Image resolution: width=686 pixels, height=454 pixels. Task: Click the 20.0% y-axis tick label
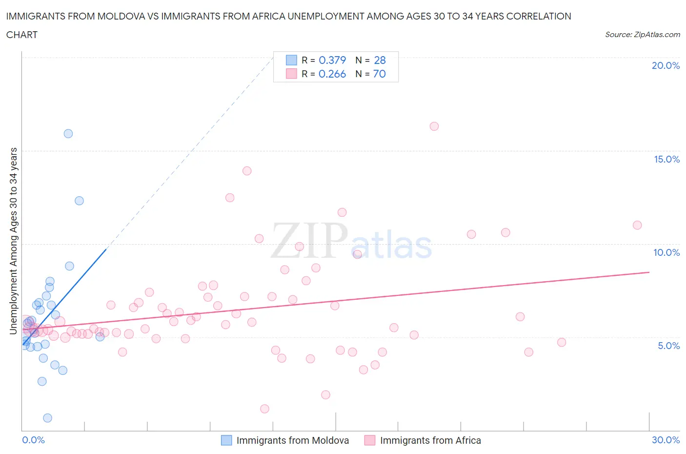[x=666, y=65]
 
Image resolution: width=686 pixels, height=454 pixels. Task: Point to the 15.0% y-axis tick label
[x=666, y=159]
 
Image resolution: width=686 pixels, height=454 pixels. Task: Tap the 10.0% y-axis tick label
[x=666, y=252]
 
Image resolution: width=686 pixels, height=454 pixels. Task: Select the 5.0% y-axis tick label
[x=668, y=346]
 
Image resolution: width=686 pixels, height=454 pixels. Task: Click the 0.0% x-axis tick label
[x=33, y=440]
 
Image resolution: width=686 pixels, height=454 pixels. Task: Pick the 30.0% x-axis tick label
[x=666, y=440]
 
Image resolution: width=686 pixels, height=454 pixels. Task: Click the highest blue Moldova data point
[x=68, y=134]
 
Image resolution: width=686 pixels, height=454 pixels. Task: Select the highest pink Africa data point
[x=434, y=126]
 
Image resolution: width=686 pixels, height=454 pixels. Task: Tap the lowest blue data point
[x=47, y=418]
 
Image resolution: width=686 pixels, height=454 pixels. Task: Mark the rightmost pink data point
[x=637, y=225]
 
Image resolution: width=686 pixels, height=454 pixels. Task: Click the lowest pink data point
[x=264, y=409]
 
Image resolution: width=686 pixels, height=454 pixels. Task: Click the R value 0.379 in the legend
[x=332, y=60]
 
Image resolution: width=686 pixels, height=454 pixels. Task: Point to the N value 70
[x=379, y=74]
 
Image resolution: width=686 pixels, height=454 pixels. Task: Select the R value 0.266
[x=332, y=74]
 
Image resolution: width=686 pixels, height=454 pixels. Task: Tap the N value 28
[x=380, y=60]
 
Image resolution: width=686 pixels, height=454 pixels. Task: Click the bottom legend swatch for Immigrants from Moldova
[x=226, y=440]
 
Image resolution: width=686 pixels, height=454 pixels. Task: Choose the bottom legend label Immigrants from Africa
[x=430, y=440]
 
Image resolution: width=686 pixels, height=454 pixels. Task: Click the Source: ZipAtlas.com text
[x=642, y=35]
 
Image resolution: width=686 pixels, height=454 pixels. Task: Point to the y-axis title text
[x=14, y=241]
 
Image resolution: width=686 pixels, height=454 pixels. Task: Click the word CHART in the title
[x=22, y=35]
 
